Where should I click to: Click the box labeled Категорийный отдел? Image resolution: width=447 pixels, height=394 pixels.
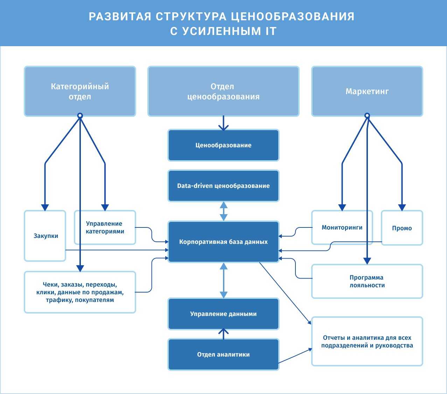pos(80,91)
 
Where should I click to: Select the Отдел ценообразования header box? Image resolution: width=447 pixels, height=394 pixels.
pos(223,91)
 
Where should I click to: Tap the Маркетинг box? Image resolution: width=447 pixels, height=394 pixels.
pos(367,91)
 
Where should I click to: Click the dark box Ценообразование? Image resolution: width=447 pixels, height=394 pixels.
pos(223,145)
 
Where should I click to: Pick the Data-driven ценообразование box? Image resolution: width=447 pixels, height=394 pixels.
pos(223,186)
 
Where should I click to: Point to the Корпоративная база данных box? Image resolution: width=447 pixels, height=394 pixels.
pos(223,242)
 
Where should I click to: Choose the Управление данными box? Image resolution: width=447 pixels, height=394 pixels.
pos(223,314)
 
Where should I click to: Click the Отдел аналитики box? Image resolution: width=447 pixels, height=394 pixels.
pos(223,354)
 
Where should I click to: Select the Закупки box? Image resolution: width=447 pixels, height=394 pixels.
pos(46,236)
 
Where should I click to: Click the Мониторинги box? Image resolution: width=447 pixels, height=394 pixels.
pos(342,227)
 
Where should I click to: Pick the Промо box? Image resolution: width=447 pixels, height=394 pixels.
pos(402,228)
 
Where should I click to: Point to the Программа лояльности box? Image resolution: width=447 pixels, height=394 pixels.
pos(367,281)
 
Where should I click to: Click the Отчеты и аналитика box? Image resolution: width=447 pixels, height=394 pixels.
pos(367,342)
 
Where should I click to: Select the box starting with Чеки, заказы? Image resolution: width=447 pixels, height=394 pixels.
pos(80,292)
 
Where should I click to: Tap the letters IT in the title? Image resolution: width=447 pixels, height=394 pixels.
pos(269,31)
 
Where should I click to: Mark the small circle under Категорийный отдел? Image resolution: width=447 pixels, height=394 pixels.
pos(80,115)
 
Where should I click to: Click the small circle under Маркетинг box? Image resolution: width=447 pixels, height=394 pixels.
pos(367,115)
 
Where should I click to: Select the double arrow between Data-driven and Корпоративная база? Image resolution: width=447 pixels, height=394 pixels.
pos(223,211)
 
